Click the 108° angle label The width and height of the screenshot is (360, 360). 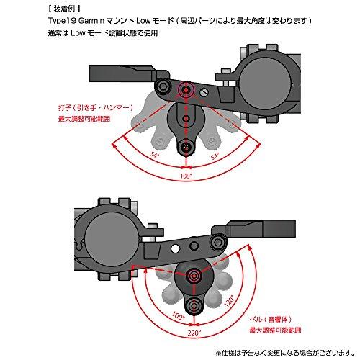(x=186, y=174)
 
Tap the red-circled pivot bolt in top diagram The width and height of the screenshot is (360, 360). (x=189, y=89)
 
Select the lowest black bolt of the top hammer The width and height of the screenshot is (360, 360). (x=186, y=148)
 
